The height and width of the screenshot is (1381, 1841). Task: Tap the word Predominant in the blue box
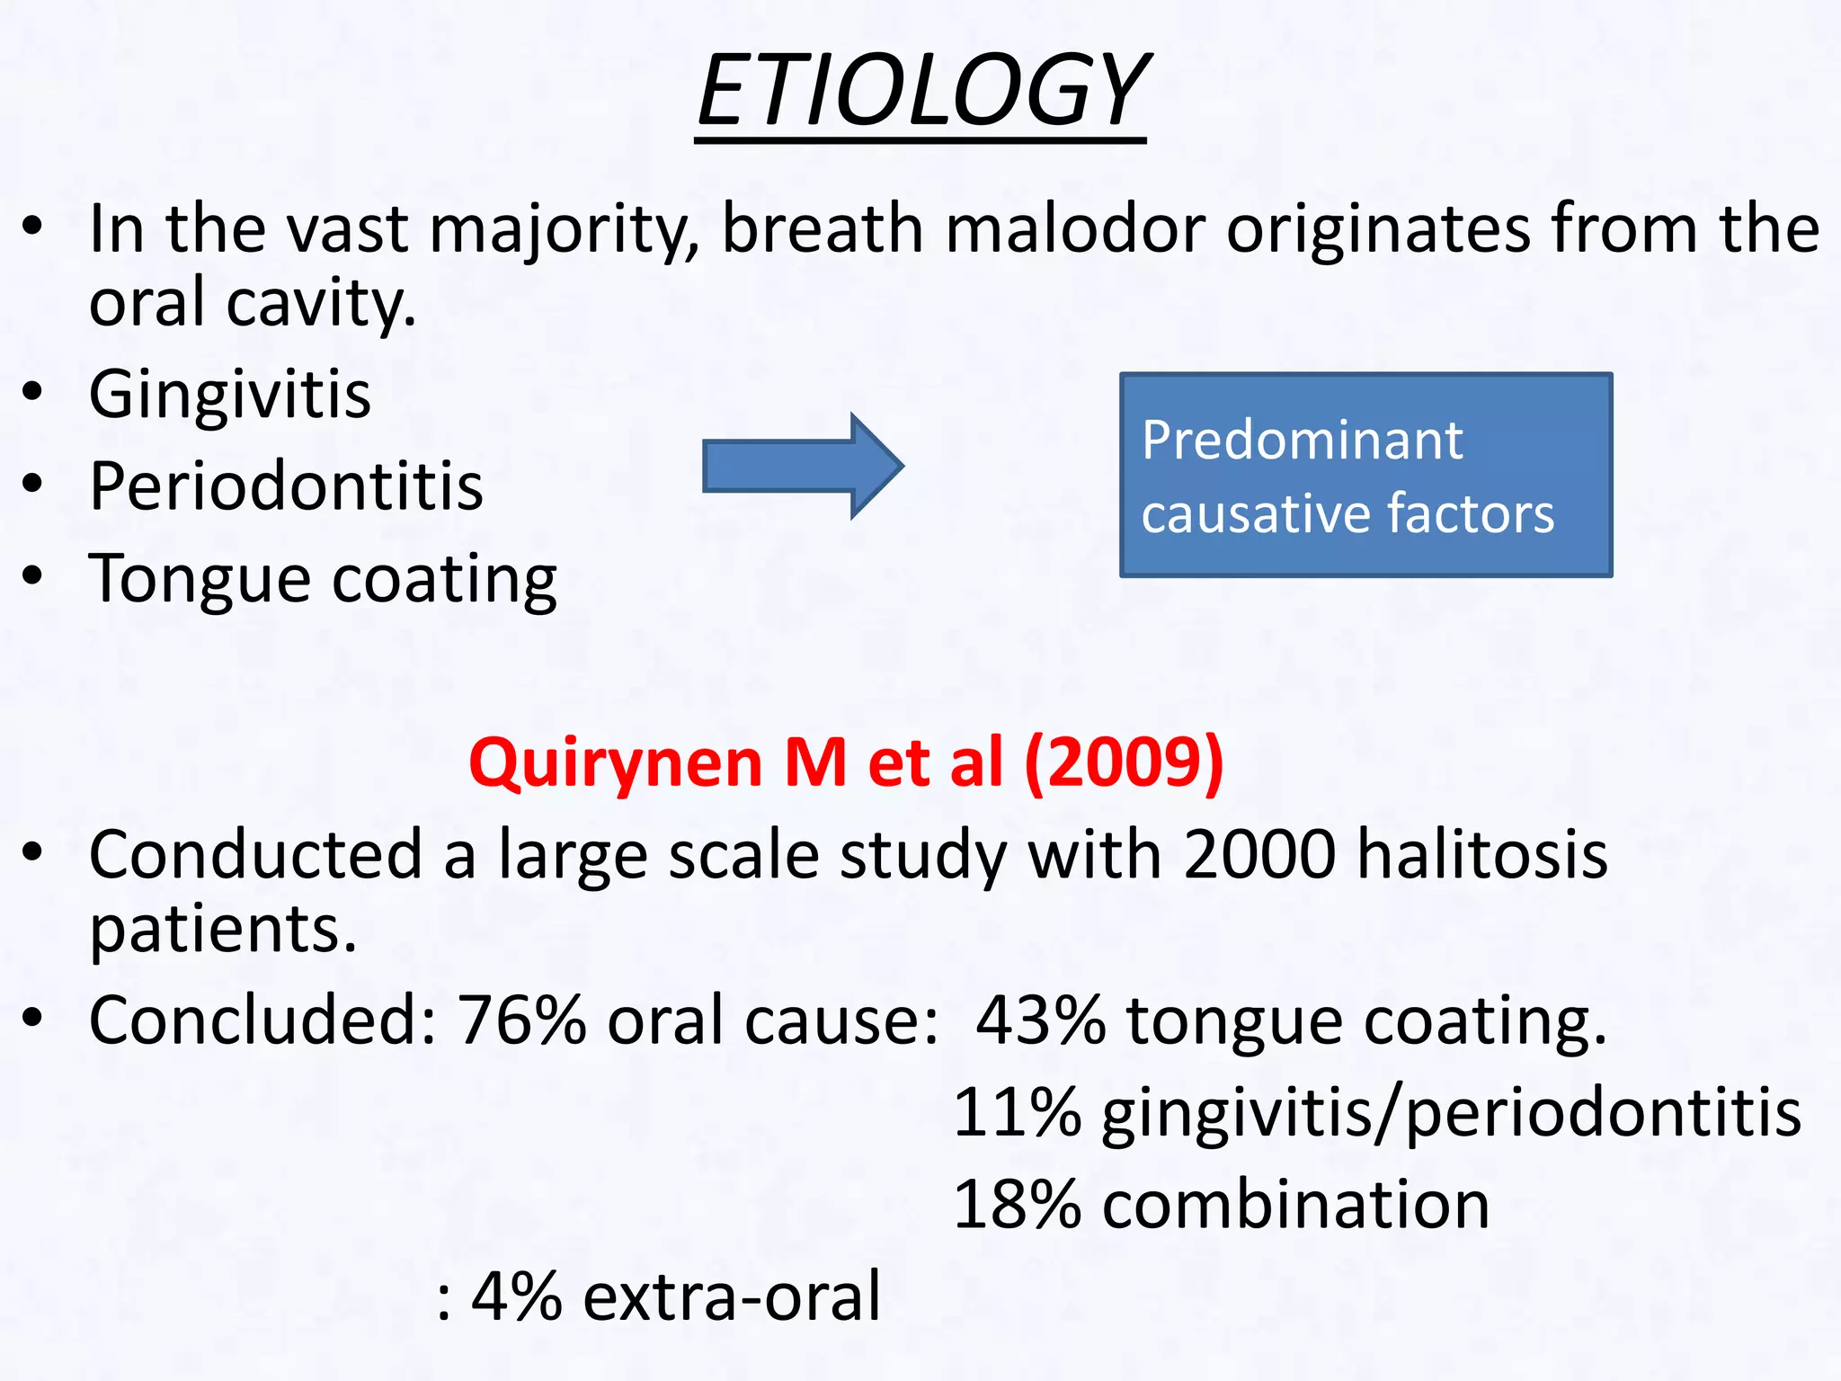[1302, 441]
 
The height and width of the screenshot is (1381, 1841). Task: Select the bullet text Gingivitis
[230, 395]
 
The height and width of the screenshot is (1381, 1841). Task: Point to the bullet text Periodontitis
[286, 486]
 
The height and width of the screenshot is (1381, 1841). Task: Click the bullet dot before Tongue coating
[33, 575]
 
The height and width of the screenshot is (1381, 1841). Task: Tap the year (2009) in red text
[1124, 763]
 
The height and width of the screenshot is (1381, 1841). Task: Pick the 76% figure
[521, 1020]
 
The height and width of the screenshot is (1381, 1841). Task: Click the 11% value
[1017, 1113]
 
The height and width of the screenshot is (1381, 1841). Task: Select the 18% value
[1017, 1205]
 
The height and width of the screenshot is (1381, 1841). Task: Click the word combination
[1295, 1205]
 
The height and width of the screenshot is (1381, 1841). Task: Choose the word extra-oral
[732, 1296]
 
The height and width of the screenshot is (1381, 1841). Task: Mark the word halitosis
[1482, 854]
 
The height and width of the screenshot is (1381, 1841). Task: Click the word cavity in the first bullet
[321, 304]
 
